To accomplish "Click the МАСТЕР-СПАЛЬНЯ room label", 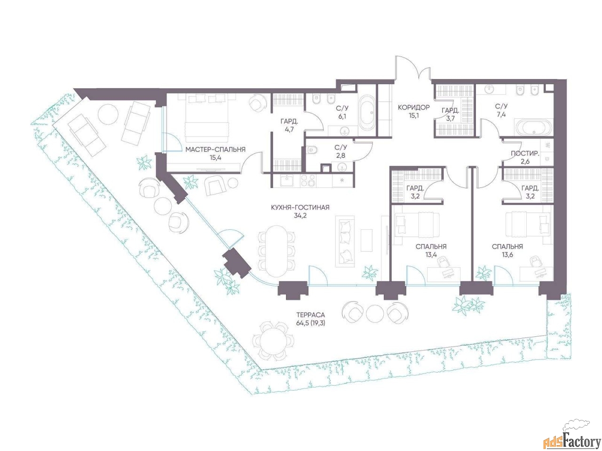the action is click(215, 149).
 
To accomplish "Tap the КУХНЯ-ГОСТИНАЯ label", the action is click(300, 207).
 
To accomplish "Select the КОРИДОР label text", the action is click(413, 107).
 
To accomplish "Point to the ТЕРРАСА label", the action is click(310, 315).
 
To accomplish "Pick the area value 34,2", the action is click(300, 216).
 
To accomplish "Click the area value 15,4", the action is click(215, 158).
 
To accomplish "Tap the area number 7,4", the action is click(501, 115).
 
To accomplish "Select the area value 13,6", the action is click(507, 255).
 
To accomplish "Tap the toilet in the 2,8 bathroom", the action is click(312, 150).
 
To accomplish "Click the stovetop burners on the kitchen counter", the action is click(308, 181).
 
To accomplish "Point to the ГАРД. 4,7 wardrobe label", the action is click(289, 125).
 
